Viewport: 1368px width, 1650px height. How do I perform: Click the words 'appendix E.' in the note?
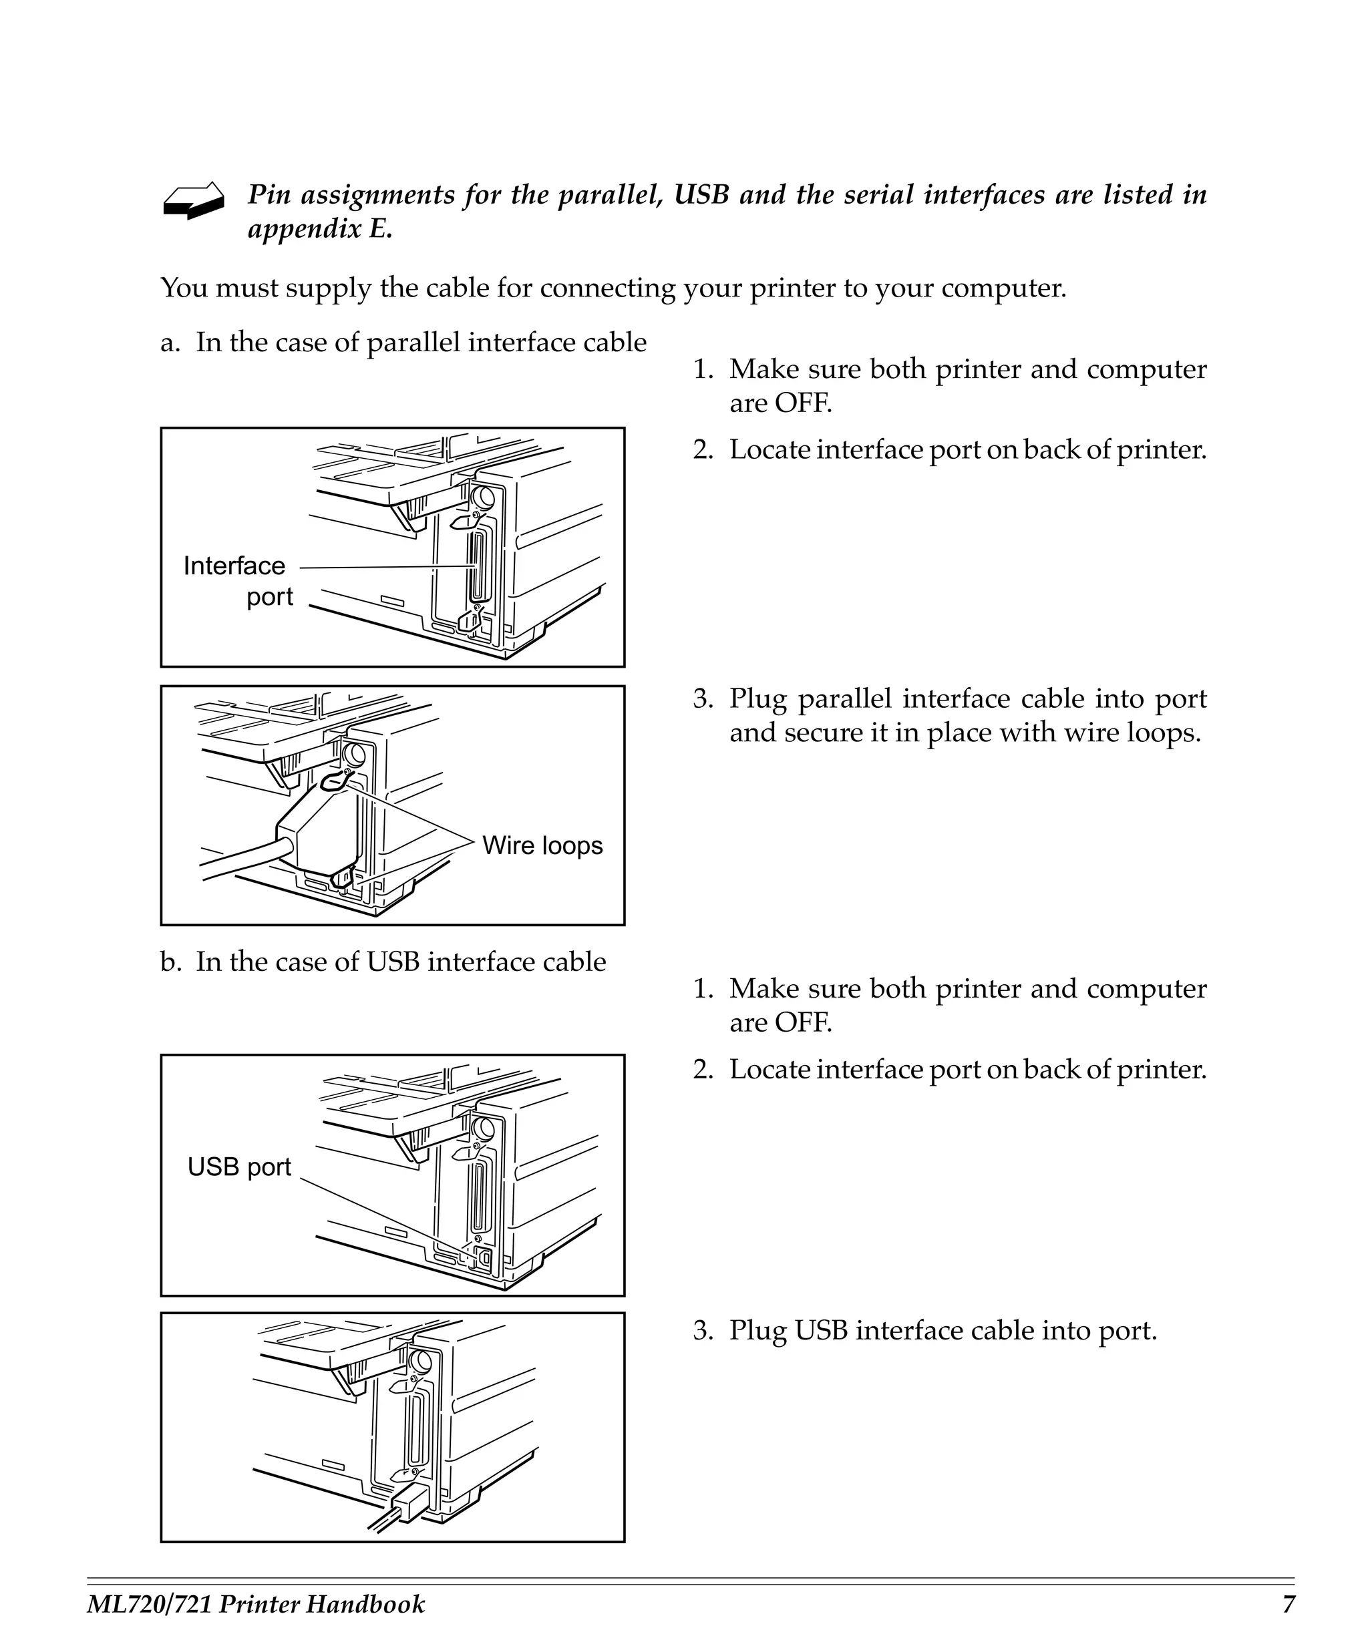tap(320, 230)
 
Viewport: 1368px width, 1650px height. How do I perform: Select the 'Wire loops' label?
tap(542, 845)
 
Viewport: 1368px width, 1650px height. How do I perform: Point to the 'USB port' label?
tap(239, 1167)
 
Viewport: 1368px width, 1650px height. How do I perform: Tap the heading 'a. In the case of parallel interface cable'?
tap(403, 343)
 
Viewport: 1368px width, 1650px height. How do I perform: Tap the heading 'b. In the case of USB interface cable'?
tap(383, 962)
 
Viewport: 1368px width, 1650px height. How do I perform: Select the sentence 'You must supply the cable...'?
tap(613, 288)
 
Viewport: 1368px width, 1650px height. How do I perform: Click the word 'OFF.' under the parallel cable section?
tap(802, 403)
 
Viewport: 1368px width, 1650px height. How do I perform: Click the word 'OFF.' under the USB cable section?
tap(802, 1022)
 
